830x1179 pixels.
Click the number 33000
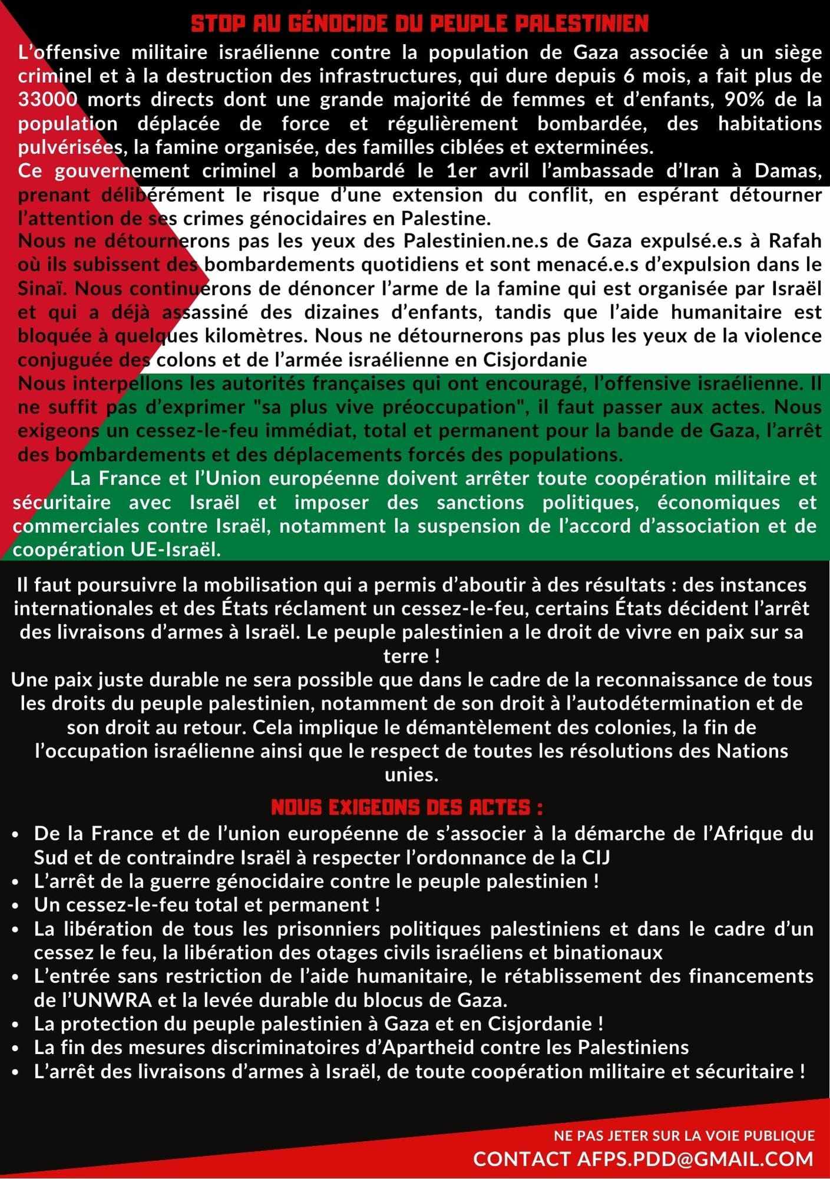tap(48, 100)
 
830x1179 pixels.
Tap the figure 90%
tap(744, 100)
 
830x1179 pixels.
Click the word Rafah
tap(795, 241)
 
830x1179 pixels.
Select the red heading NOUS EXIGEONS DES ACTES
tap(407, 807)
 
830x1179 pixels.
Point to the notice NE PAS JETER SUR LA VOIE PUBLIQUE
tap(684, 1135)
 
